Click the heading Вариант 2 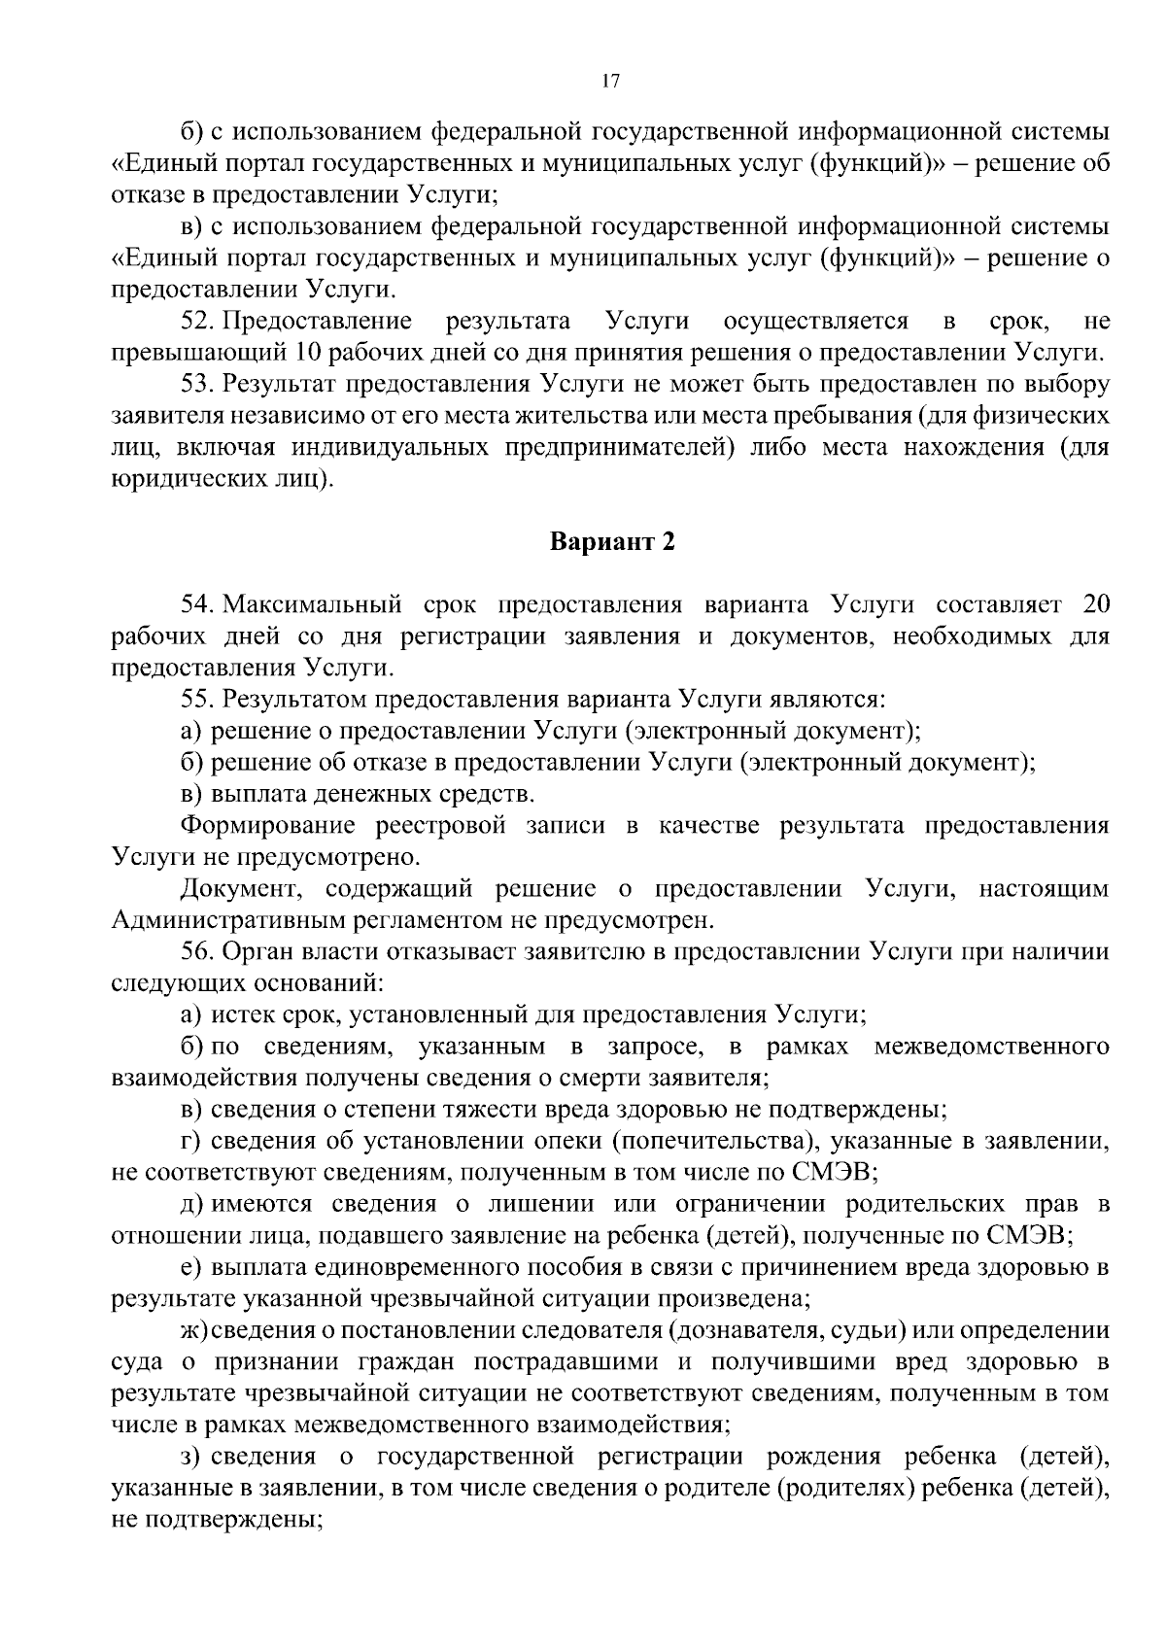(612, 541)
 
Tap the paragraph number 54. (198, 605)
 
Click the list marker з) (190, 1456)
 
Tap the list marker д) (191, 1204)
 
